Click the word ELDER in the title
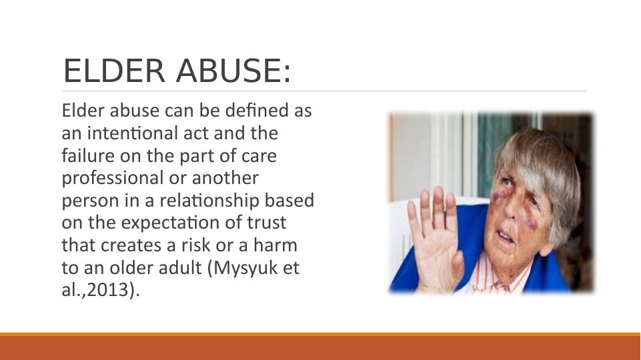tap(114, 71)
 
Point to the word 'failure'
tap(85, 156)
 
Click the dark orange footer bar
tap(320, 348)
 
